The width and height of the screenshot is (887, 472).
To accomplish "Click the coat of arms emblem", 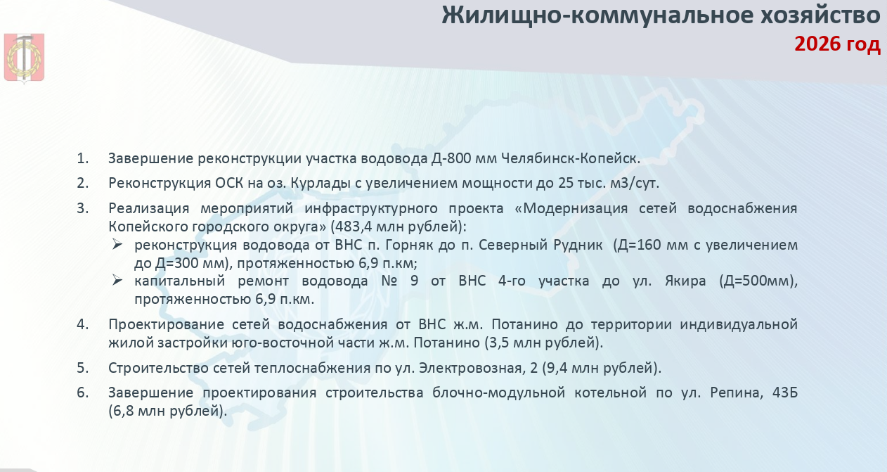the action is (24, 58).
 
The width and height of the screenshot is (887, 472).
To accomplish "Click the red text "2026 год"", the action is (837, 44).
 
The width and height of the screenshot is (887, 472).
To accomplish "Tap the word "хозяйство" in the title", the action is (819, 16).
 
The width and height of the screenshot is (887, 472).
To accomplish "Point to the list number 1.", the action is (82, 158).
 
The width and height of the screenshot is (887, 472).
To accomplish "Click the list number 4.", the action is (82, 324).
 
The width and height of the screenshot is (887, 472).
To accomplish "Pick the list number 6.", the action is (82, 393).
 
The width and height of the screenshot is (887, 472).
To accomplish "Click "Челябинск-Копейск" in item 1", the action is (571, 158).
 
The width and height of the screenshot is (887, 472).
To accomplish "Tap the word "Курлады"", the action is (321, 184).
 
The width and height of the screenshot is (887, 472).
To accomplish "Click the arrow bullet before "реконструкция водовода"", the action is (117, 244).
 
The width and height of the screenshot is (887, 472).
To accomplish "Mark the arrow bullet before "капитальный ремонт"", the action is (117, 280).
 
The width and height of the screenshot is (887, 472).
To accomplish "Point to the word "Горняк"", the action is (410, 245).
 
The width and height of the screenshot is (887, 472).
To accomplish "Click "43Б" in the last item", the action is (785, 393).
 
